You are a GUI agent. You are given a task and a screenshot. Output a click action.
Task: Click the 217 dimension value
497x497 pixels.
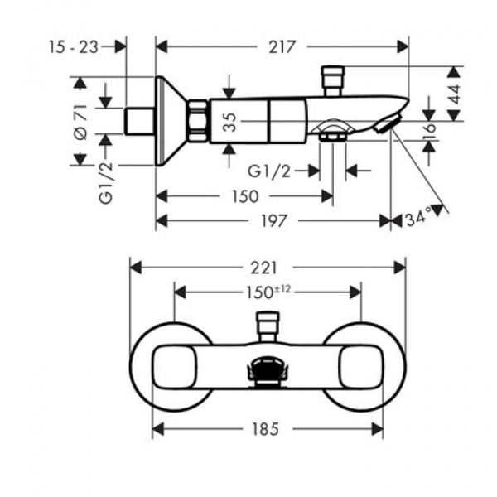(x=282, y=47)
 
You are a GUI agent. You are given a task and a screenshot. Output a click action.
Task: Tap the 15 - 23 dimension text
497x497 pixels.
(x=74, y=47)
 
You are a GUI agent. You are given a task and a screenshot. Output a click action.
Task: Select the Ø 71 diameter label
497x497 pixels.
(x=81, y=122)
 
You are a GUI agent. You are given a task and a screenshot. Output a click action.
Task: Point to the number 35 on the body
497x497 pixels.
(x=230, y=122)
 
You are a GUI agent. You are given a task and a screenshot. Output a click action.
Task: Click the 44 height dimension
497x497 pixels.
(x=454, y=94)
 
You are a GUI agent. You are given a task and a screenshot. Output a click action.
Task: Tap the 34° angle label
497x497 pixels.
(x=419, y=219)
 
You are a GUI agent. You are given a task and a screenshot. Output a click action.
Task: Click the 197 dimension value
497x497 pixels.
(x=274, y=221)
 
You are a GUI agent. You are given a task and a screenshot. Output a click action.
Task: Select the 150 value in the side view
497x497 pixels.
(x=245, y=196)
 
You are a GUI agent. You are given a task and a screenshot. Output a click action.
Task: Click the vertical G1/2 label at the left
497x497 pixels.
(x=106, y=182)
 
